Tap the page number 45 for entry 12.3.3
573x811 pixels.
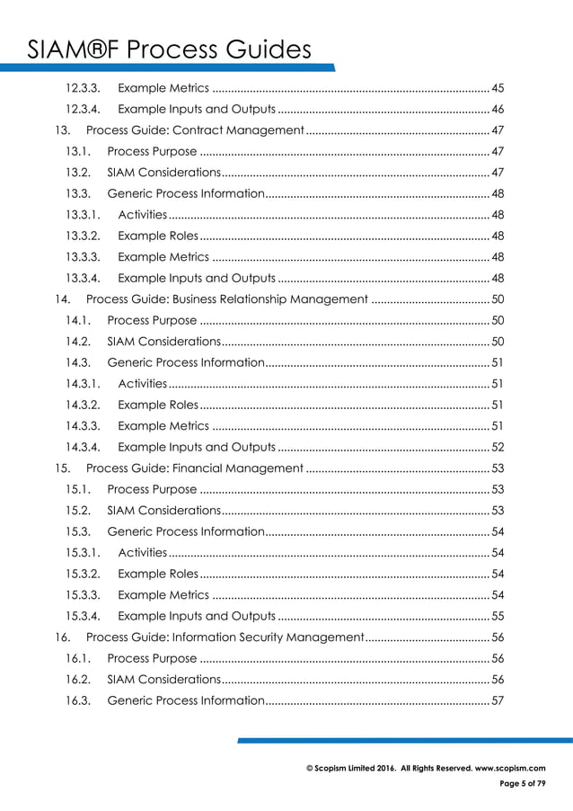(498, 88)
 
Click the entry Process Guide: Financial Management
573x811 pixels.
(194, 468)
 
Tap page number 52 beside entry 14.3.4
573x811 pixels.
(498, 447)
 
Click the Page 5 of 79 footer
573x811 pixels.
(522, 784)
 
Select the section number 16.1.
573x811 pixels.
(78, 658)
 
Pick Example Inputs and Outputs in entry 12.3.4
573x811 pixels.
(196, 110)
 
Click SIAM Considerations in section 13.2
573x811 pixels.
(163, 173)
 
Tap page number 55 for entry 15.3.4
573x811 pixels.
(498, 616)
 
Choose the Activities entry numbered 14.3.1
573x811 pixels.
(142, 384)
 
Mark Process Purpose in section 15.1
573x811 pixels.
(151, 489)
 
